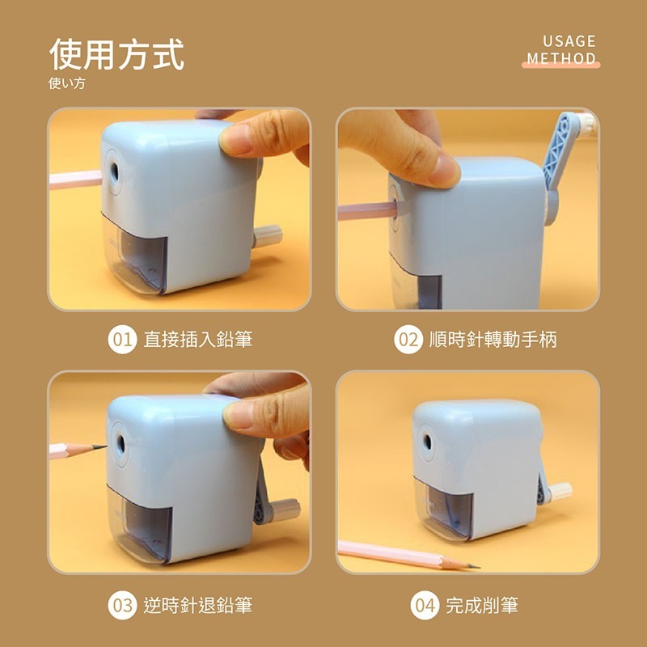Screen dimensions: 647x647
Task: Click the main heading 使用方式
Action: [116, 54]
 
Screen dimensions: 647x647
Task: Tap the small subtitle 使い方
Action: [66, 83]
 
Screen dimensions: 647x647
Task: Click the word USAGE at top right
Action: [569, 41]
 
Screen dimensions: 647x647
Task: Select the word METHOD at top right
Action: [561, 59]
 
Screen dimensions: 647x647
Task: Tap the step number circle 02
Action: [408, 339]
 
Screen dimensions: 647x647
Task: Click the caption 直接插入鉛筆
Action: [197, 339]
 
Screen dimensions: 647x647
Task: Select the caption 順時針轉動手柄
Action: [493, 339]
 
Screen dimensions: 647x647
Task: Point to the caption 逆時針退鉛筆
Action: [197, 604]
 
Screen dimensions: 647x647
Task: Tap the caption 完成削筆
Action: [482, 604]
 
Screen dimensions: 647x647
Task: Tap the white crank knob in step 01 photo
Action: [269, 235]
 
